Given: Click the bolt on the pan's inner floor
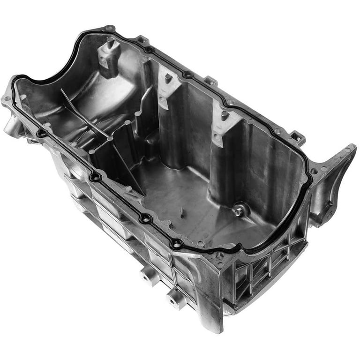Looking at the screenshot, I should tap(240, 211).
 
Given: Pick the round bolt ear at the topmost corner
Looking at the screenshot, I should tap(109, 29).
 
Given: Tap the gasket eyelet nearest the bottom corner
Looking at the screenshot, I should tap(176, 243).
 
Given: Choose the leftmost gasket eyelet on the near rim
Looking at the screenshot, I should tap(42, 134).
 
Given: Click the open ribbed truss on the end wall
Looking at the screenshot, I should tap(262, 277).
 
